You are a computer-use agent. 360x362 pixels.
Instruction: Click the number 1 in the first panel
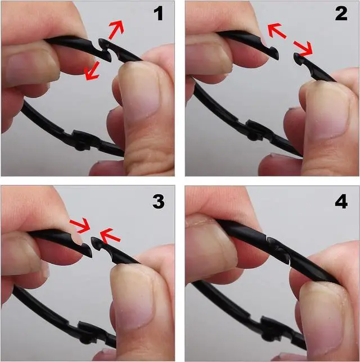159,13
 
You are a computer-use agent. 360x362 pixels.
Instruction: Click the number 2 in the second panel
341,13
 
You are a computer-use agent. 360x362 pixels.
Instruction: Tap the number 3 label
159,201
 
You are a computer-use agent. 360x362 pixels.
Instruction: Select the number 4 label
341,201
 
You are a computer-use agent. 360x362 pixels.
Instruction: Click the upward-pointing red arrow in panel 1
116,30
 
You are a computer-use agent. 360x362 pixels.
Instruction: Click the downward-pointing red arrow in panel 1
92,71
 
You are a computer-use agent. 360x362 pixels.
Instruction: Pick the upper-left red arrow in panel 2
277,30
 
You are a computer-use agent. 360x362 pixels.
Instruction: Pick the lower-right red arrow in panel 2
303,48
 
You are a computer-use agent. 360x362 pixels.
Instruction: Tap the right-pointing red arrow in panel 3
80,225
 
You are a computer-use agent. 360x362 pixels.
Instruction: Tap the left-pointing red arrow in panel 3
110,236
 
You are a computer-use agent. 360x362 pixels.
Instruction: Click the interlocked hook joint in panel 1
106,49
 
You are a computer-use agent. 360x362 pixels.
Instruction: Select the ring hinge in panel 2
256,130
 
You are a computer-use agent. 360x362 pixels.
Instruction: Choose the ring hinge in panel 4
273,327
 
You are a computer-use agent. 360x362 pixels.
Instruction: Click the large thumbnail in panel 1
141,90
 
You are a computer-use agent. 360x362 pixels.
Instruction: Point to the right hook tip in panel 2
297,57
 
